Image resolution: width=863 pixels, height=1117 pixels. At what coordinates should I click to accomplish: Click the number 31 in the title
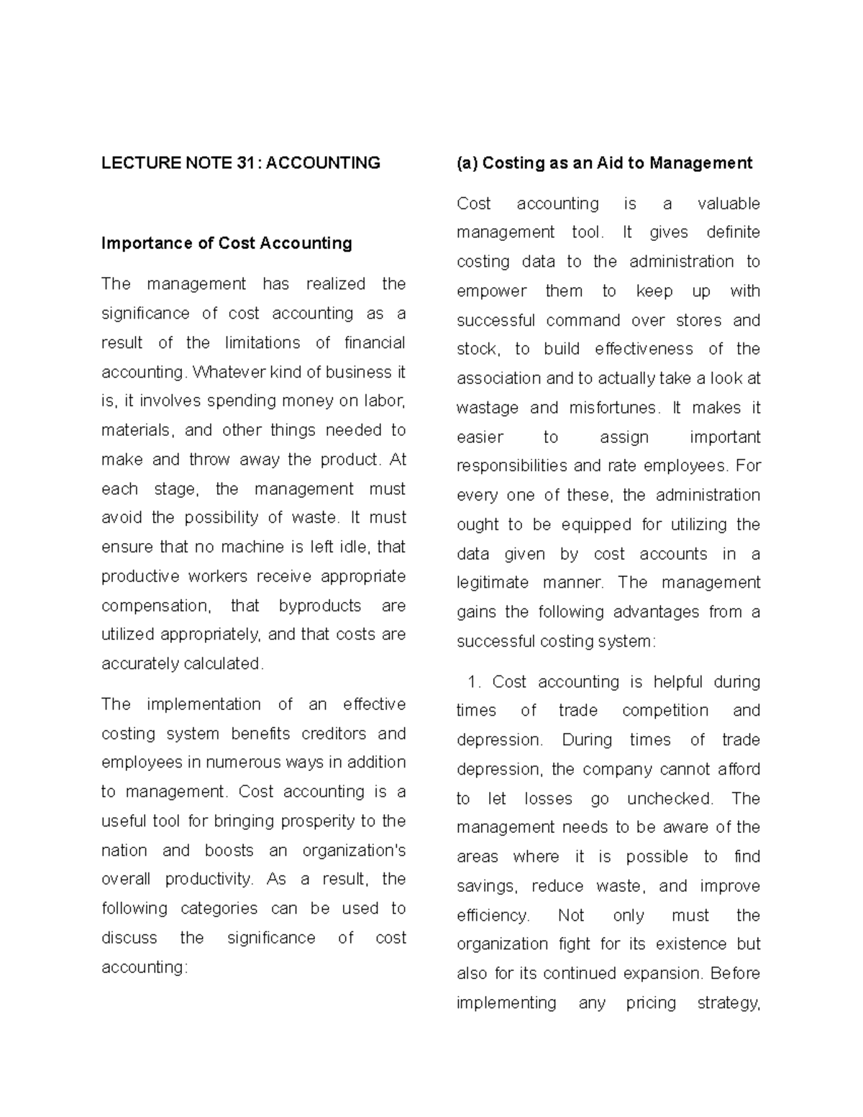(248, 163)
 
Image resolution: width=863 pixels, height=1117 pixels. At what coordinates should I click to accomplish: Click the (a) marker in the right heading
(467, 163)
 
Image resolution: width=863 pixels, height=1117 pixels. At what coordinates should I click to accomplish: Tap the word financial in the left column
(375, 343)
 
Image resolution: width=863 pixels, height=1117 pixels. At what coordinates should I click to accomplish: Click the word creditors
(336, 734)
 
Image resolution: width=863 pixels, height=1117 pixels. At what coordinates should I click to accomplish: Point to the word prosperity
(317, 821)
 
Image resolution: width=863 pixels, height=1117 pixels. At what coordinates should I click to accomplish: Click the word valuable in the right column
(729, 204)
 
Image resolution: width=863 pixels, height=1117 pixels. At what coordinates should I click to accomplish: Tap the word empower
(491, 291)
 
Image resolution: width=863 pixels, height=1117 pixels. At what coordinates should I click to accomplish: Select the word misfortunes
(613, 408)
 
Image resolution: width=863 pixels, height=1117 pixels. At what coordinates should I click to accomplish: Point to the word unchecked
(670, 798)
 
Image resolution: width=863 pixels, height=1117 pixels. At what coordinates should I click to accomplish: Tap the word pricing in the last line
(651, 1003)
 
